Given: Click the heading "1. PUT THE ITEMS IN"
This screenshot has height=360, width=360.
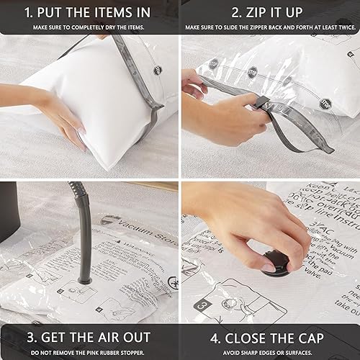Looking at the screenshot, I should pos(89,12).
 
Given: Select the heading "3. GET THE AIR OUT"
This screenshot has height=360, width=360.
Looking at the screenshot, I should pos(89,336).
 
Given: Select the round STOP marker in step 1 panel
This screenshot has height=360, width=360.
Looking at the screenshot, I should pos(158,70).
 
